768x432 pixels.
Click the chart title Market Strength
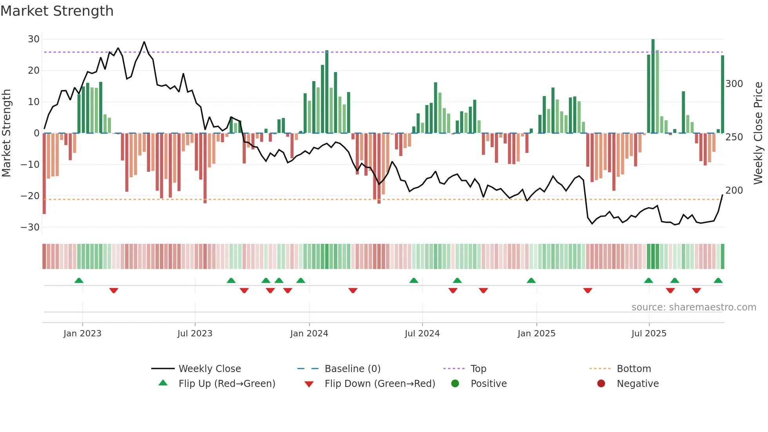pyautogui.click(x=57, y=11)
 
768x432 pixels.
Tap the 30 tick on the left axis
pyautogui.click(x=34, y=39)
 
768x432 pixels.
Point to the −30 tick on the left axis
pyautogui.click(x=30, y=227)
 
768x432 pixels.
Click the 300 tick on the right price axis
pyautogui.click(x=734, y=84)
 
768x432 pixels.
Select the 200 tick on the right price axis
pyautogui.click(x=734, y=191)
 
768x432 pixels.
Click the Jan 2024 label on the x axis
pyautogui.click(x=309, y=334)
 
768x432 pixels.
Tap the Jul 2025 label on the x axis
pyautogui.click(x=649, y=334)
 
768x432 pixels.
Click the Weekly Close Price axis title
pyautogui.click(x=758, y=133)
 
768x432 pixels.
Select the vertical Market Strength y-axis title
pyautogui.click(x=7, y=133)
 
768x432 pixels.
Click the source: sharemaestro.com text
pyautogui.click(x=694, y=307)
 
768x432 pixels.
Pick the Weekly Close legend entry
pyautogui.click(x=210, y=369)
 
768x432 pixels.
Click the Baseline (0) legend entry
pyautogui.click(x=352, y=369)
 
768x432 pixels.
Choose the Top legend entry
pyautogui.click(x=478, y=369)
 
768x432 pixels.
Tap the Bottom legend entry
pyautogui.click(x=634, y=369)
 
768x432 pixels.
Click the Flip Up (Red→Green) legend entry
pyautogui.click(x=226, y=384)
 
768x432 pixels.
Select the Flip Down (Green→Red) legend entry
pyautogui.click(x=379, y=384)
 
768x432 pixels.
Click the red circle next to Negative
pyautogui.click(x=601, y=384)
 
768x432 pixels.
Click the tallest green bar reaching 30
pyautogui.click(x=653, y=86)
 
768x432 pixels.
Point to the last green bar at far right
pyautogui.click(x=723, y=94)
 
